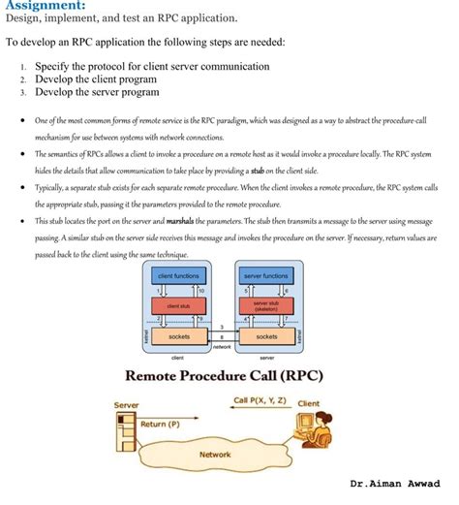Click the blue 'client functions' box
tap(178, 276)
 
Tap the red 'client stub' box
tap(178, 306)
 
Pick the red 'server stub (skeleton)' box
tap(265, 306)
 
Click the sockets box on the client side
tap(179, 336)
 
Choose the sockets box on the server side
tap(265, 336)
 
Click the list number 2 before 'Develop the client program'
tap(21, 79)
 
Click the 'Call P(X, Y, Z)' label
tap(260, 399)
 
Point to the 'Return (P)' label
tap(160, 424)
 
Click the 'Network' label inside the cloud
tap(215, 454)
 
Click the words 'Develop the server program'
tap(97, 92)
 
